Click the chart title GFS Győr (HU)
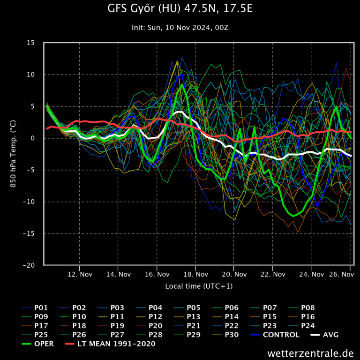pos(180,9)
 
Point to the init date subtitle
pos(180,28)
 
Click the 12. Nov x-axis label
pos(79,274)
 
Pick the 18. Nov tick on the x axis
pos(195,274)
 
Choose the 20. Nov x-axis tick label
pos(234,274)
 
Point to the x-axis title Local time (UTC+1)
pos(199,285)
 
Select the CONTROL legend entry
pos(281,335)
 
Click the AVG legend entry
pos(331,335)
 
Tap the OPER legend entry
pos(44,344)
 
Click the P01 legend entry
pos(41,308)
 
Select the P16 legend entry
pos(308,317)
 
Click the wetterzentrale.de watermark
pos(310,353)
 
